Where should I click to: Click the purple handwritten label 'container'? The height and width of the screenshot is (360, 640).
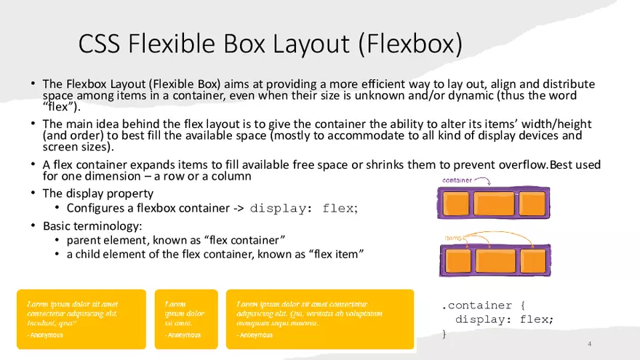point(457,180)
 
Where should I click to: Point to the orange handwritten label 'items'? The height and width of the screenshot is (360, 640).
point(454,237)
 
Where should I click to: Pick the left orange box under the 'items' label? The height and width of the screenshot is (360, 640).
point(456,260)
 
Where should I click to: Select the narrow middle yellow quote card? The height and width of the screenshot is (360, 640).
point(186,319)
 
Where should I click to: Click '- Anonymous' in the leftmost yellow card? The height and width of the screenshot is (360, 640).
point(45,335)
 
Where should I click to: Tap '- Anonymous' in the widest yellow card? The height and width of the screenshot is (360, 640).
point(255,335)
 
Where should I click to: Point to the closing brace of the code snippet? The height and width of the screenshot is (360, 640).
point(444,334)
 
